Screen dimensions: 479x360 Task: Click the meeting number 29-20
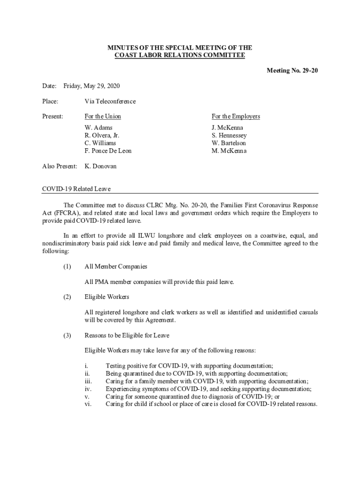coord(292,71)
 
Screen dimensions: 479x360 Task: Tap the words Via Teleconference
coord(110,101)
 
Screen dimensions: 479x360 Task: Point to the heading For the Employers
coord(236,116)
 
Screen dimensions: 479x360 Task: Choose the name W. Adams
coord(98,127)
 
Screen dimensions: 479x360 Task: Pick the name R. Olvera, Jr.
coord(102,135)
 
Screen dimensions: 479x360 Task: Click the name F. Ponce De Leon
coord(108,151)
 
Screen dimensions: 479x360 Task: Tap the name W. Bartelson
coord(229,143)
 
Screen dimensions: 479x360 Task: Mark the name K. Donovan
coord(101,166)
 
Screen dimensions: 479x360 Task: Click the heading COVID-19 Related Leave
coord(76,189)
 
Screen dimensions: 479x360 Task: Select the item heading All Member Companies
coord(116,266)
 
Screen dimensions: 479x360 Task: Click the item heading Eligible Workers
coord(107,297)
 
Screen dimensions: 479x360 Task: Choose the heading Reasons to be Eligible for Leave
coord(127,335)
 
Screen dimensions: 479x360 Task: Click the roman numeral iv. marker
coord(87,389)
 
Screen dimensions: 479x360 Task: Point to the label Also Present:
coord(59,166)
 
